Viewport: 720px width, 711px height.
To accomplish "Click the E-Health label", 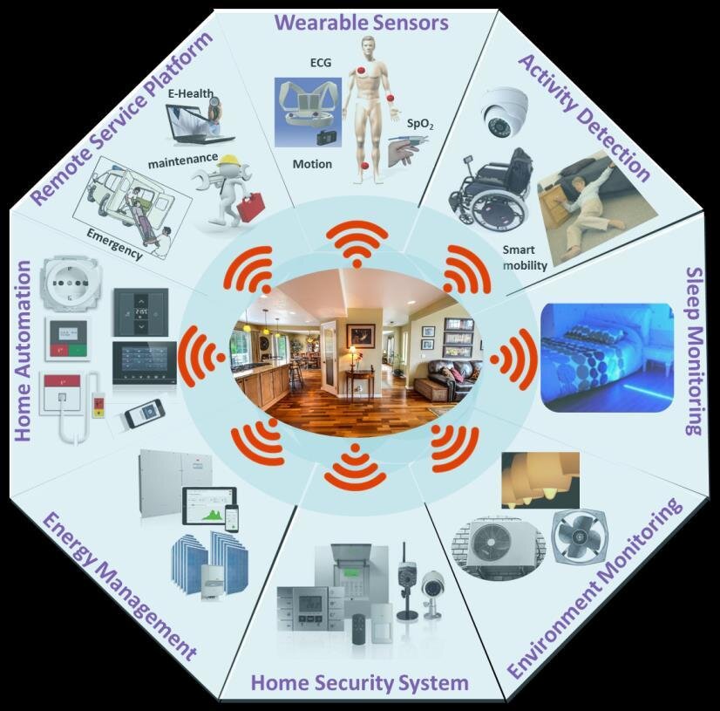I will [190, 94].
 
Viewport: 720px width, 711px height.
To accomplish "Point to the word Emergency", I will [113, 244].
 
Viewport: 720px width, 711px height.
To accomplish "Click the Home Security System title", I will [360, 681].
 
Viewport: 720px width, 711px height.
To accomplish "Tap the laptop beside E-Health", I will [202, 125].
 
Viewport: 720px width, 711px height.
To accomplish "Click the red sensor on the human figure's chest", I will [359, 72].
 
